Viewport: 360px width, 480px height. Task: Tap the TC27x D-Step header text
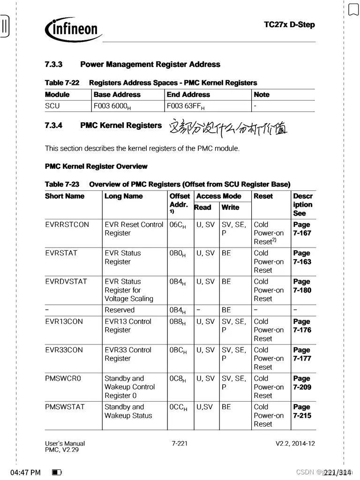289,24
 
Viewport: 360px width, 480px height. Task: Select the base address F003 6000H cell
112,106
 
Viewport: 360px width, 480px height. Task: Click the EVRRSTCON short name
67,225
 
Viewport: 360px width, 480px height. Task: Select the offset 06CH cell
178,225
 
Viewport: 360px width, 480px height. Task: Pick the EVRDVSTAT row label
66,282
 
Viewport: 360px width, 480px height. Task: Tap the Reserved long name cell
120,310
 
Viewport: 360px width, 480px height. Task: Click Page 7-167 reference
302,229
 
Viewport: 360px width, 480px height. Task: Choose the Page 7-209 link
302,383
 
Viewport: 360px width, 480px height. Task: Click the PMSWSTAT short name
65,407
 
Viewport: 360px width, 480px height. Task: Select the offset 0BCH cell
178,350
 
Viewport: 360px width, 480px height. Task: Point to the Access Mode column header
219,196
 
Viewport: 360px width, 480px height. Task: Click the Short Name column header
65,196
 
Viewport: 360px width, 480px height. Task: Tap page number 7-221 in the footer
180,443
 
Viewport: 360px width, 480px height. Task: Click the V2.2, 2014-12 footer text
295,443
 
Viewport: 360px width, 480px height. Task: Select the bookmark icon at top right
353,8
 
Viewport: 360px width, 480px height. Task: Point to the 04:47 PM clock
25,472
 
